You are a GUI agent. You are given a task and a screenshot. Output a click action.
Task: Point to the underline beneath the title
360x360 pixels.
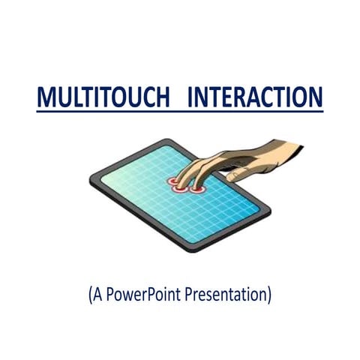(180, 112)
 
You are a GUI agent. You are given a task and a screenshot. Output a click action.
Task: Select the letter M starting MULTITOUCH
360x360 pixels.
(47, 98)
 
